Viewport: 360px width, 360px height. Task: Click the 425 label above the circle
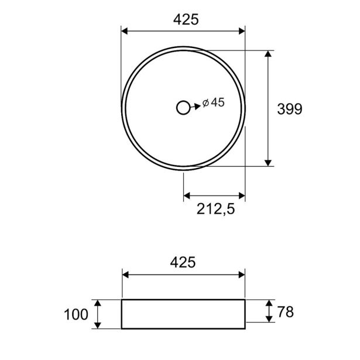click(186, 19)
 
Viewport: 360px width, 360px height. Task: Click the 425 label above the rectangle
click(183, 262)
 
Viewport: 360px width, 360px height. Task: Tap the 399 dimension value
click(290, 109)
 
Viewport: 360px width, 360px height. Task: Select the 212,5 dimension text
click(216, 209)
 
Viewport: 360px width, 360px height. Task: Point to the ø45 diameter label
click(213, 102)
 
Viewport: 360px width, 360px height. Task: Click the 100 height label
click(76, 314)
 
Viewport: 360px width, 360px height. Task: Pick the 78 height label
click(286, 312)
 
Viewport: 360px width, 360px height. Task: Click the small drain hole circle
click(183, 108)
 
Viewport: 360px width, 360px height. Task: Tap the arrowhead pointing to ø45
click(197, 107)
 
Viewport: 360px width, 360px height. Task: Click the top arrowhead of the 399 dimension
click(268, 54)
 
